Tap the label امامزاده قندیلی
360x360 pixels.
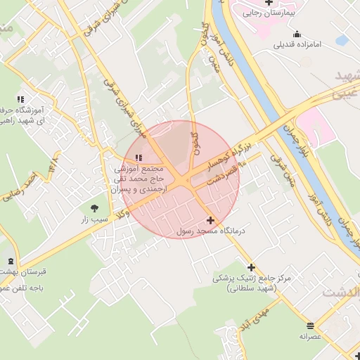(x=297, y=45)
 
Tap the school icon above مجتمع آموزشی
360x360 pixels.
(x=139, y=157)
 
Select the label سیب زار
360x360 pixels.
(x=94, y=219)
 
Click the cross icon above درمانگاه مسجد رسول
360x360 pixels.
(x=210, y=220)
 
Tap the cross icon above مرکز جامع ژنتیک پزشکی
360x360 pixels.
(x=251, y=267)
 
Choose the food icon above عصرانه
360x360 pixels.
(x=310, y=324)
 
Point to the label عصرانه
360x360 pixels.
(x=310, y=336)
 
